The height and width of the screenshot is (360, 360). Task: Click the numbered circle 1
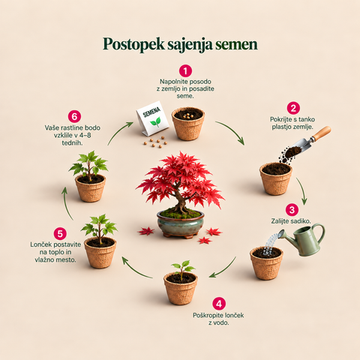point(185,71)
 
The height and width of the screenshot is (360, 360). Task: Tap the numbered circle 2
point(293,109)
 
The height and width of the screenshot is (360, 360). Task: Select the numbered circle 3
point(292,210)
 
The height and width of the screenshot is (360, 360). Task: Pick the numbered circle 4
point(219,304)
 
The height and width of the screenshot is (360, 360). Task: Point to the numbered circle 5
point(60,233)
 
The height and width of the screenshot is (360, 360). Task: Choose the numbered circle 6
point(74,116)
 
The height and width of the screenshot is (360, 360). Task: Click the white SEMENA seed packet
point(152,118)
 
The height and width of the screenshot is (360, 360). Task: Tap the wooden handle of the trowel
point(321,133)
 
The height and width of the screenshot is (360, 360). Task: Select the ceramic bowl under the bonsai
point(181,224)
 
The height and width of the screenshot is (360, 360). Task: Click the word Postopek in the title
point(133,44)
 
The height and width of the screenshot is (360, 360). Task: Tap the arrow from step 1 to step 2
point(232,130)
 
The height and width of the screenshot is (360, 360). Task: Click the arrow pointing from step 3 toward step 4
point(223,268)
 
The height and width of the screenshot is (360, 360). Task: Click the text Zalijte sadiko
point(291,221)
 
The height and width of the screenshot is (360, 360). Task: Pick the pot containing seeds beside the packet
point(188,124)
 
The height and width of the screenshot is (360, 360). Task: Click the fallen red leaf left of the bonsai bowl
point(146,231)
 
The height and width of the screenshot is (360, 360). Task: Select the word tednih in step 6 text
point(72,142)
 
